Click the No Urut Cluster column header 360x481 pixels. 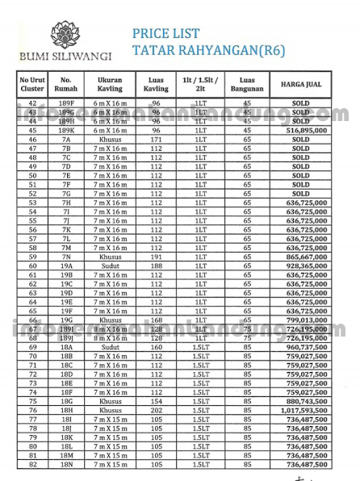[32, 83]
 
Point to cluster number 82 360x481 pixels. [32, 463]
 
